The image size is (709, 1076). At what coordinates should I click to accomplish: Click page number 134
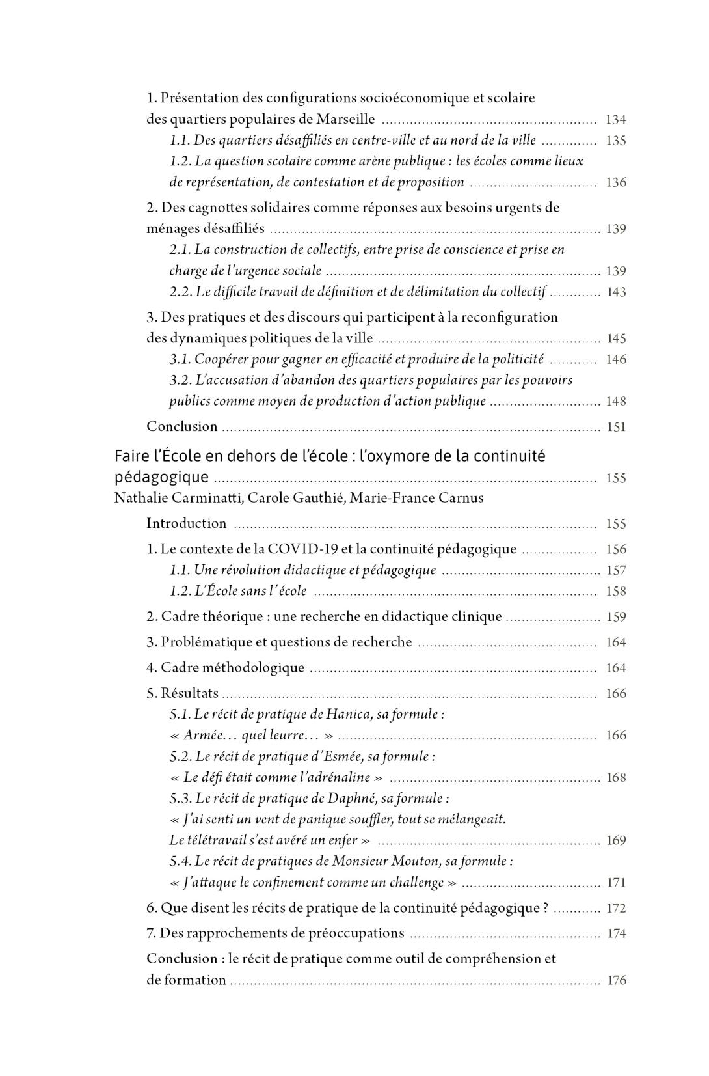pos(615,120)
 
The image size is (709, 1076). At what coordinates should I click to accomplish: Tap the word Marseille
pos(345,119)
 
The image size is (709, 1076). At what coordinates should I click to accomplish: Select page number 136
pos(615,182)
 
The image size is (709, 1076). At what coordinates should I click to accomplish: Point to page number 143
pos(616,292)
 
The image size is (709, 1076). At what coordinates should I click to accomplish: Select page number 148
pos(616,402)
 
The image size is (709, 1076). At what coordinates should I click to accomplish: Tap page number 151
pos(616,427)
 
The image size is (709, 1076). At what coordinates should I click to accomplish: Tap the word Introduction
pos(187,523)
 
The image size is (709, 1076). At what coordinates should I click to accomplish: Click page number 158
pos(615,592)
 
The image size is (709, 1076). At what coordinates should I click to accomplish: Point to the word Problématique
pos(206,642)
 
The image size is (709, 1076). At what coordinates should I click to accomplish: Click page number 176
pos(616,980)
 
